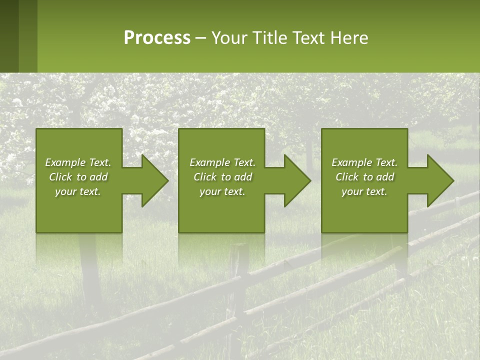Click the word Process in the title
[157, 38]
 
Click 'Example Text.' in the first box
[78, 162]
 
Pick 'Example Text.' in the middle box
[222, 162]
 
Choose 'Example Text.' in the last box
[364, 162]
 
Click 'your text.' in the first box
[78, 191]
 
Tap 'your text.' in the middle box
[222, 191]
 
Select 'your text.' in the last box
[364, 191]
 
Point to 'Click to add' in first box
[78, 177]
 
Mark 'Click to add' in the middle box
[222, 177]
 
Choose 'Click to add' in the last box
[364, 177]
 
